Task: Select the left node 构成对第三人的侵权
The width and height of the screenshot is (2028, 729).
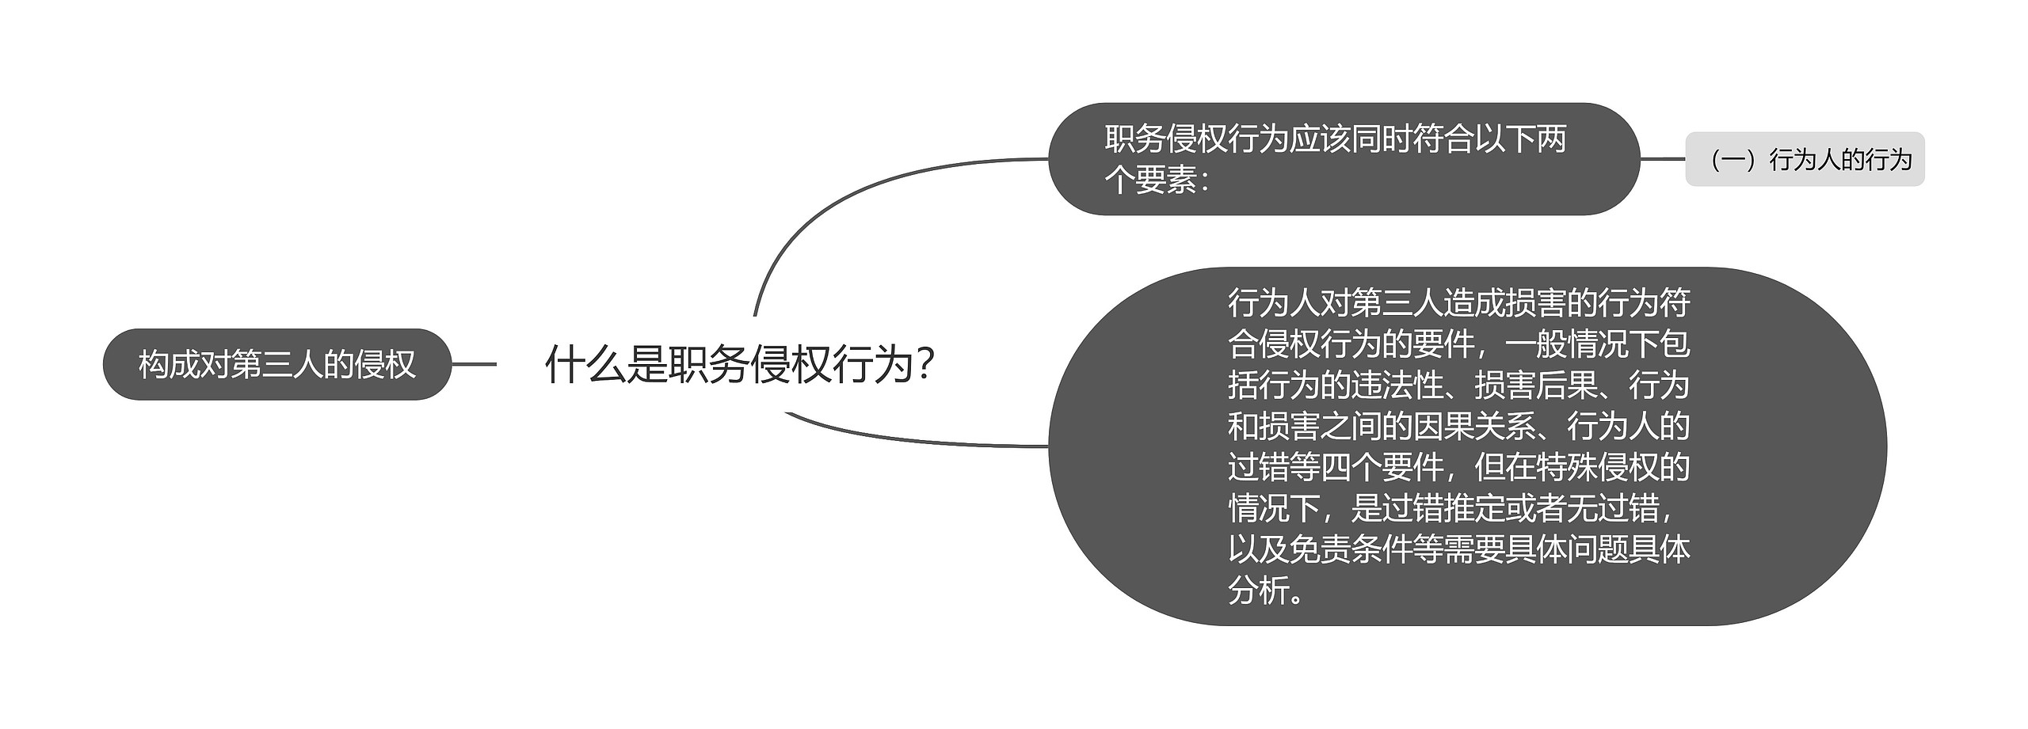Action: [276, 365]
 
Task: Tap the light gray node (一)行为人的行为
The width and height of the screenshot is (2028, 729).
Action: [1804, 160]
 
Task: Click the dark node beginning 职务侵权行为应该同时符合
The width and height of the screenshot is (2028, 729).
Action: [1343, 159]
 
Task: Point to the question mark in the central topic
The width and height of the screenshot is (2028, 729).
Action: [924, 365]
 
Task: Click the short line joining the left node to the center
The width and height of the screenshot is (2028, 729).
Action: [474, 365]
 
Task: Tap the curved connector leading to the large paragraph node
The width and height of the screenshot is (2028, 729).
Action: [911, 440]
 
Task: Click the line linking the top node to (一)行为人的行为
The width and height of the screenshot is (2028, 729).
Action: [1662, 159]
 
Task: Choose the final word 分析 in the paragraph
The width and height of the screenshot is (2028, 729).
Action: [1259, 590]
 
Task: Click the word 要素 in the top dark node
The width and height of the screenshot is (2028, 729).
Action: [1166, 180]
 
